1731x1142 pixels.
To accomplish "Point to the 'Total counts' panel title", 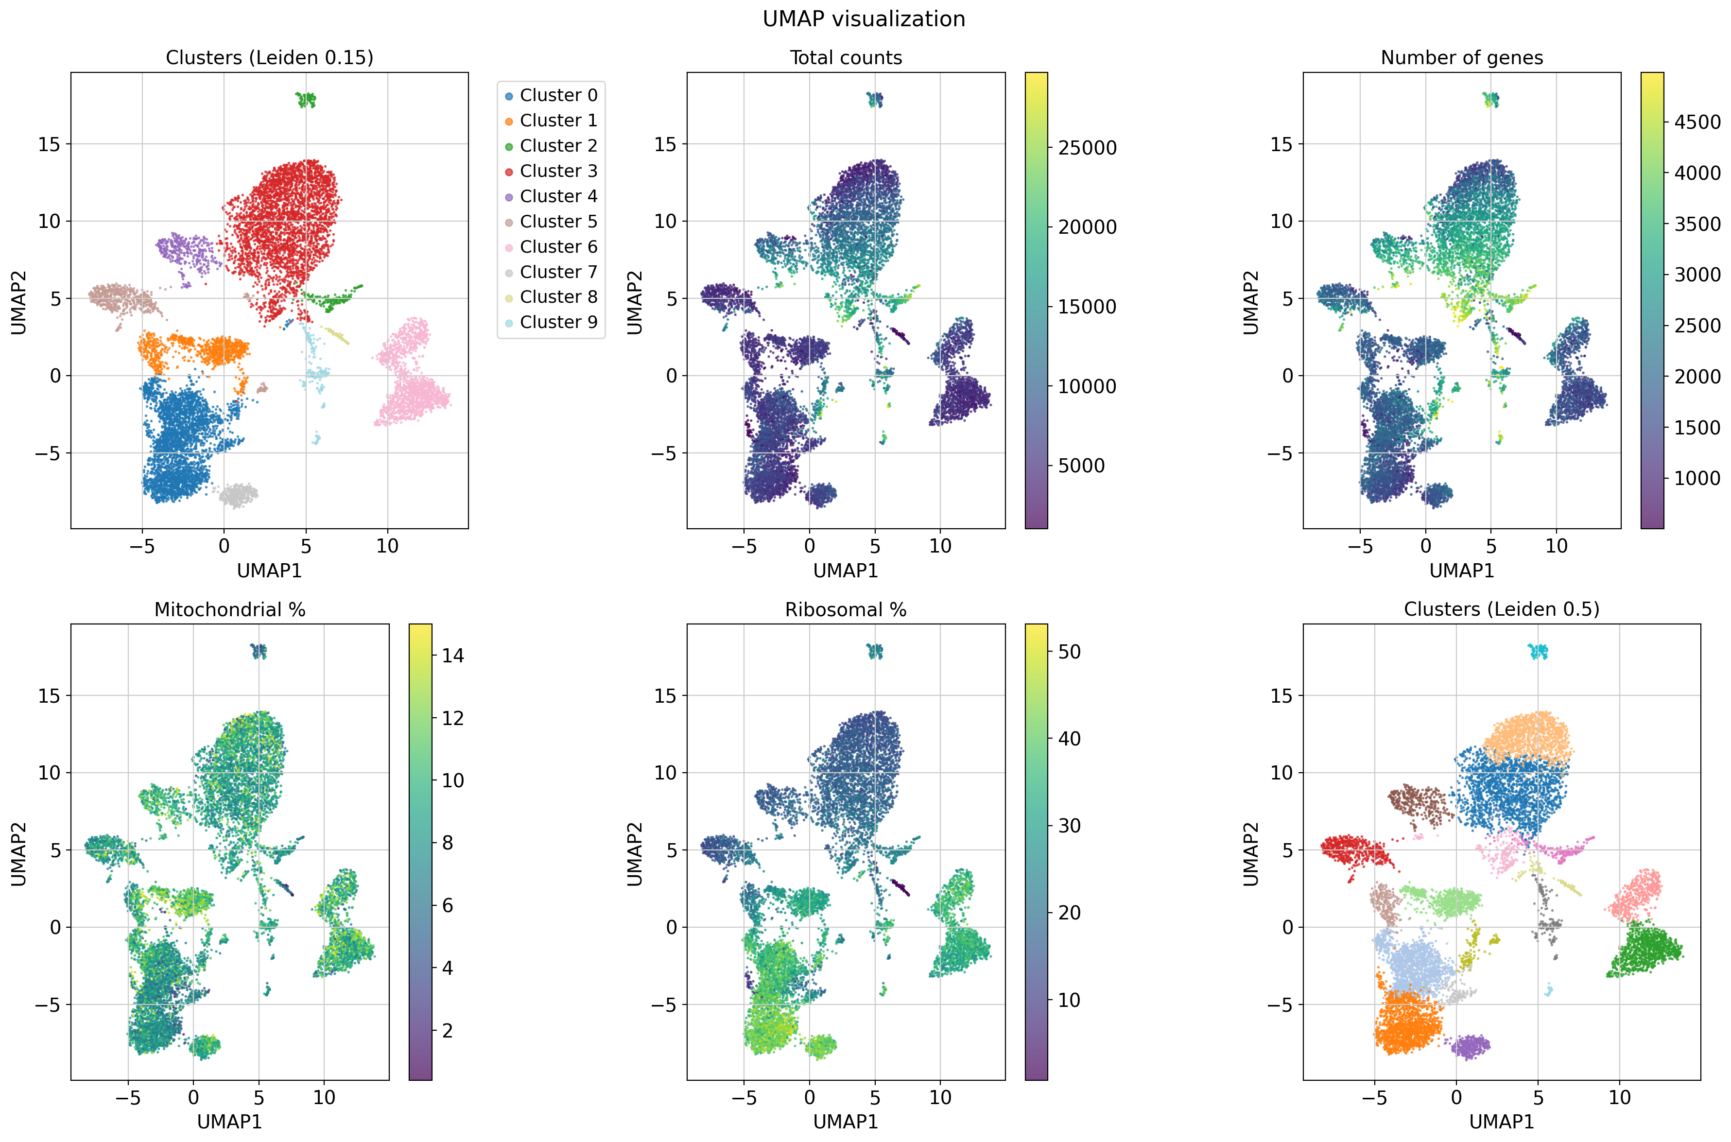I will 846,58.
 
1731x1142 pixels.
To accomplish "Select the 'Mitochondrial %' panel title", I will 229,609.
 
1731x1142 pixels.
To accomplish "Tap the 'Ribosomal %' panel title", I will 846,609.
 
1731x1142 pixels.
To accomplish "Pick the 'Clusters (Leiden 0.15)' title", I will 269,58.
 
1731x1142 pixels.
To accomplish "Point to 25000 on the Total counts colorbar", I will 1087,148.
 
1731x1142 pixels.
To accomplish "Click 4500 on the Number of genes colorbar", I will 1697,122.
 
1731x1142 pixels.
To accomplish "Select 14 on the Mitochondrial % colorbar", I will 452,656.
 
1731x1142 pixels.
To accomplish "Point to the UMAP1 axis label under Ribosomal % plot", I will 846,1122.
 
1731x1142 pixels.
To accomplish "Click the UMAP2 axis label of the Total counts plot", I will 635,302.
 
